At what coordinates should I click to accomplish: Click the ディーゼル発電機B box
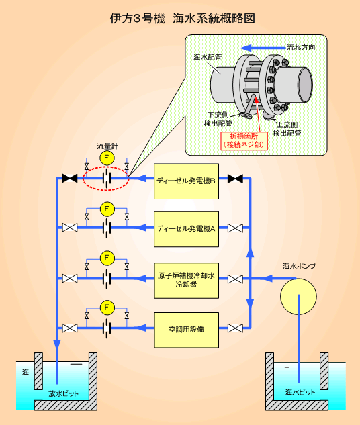(x=186, y=181)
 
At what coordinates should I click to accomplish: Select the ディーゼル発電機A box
(x=186, y=229)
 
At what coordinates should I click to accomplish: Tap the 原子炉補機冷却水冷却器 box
(x=186, y=280)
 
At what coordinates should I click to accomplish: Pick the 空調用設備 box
(x=186, y=330)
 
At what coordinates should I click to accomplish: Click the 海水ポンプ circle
(x=298, y=296)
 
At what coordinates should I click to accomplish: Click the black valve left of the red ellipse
(x=70, y=178)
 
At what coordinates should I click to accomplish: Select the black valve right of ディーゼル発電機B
(x=235, y=179)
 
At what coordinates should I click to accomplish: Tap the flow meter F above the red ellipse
(x=107, y=158)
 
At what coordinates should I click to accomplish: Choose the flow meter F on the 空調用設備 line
(x=107, y=308)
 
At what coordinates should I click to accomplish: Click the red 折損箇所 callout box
(x=244, y=140)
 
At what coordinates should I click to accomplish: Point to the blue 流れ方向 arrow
(x=263, y=48)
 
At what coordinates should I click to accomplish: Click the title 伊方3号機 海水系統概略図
(x=182, y=19)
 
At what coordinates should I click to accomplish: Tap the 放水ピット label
(x=63, y=393)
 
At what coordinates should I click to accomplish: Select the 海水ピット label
(x=300, y=392)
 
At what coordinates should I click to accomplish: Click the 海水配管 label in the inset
(x=208, y=57)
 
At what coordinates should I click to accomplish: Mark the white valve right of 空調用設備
(x=235, y=328)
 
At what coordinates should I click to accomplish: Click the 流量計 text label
(x=107, y=146)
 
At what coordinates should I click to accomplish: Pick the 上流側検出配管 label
(x=287, y=129)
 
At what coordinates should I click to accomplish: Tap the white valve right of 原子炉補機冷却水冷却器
(x=235, y=279)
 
